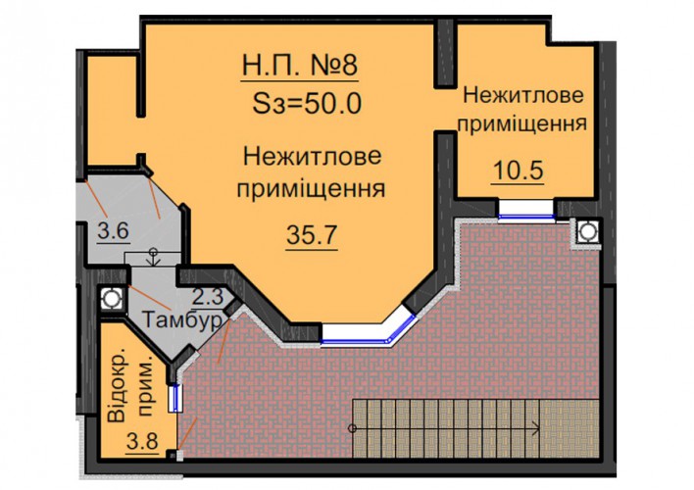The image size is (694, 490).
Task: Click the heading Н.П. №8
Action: [300, 66]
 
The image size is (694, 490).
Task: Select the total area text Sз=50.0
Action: [307, 104]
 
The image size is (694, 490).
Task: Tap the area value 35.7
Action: [312, 235]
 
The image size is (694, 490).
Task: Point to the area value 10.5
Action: [518, 171]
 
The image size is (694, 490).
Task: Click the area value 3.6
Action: [114, 230]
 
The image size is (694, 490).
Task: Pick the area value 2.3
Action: [207, 296]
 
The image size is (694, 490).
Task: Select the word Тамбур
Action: [181, 319]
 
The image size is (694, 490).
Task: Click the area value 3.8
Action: [142, 441]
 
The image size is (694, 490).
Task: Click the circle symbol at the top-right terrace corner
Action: [588, 231]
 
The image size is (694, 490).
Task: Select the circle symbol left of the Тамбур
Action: [111, 299]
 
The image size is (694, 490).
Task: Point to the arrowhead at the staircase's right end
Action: [537, 428]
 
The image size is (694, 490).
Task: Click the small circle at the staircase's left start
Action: [352, 428]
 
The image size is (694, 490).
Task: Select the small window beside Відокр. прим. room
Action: [175, 398]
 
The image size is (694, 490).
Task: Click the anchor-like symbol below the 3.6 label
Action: [153, 257]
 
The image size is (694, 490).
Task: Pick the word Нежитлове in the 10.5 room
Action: [523, 96]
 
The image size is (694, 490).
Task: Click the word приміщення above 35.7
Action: [311, 189]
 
